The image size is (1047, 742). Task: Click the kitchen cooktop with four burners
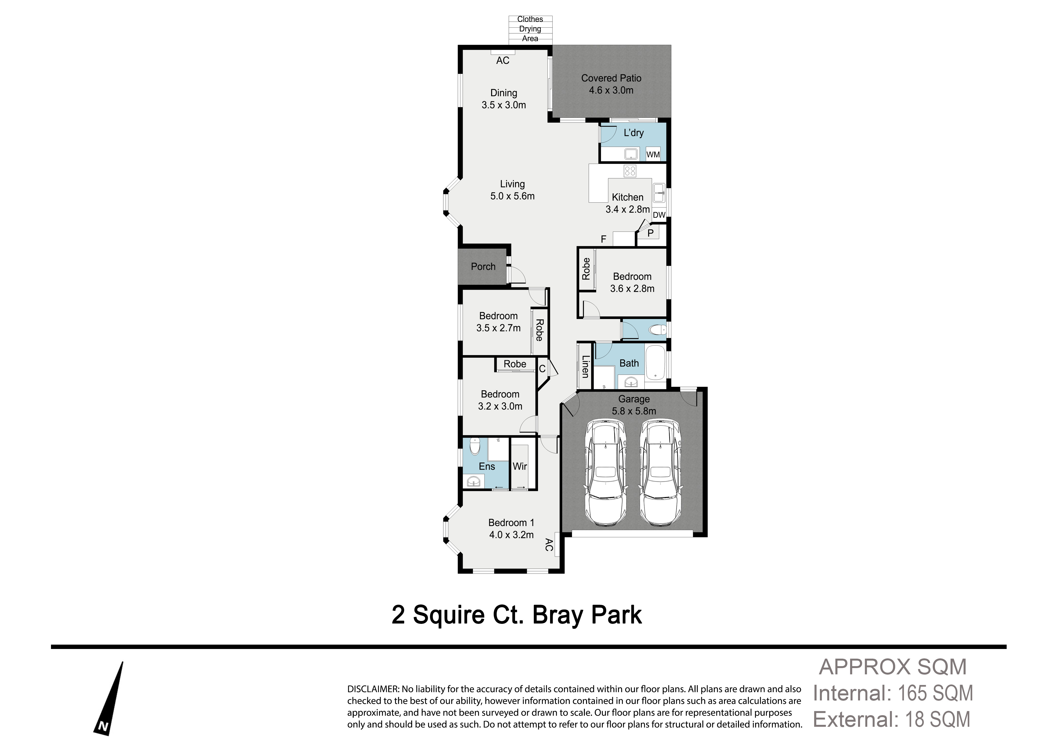(630, 171)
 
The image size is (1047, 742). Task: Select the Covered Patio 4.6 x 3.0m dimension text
(611, 90)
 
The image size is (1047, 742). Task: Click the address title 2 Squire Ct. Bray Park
(517, 615)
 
